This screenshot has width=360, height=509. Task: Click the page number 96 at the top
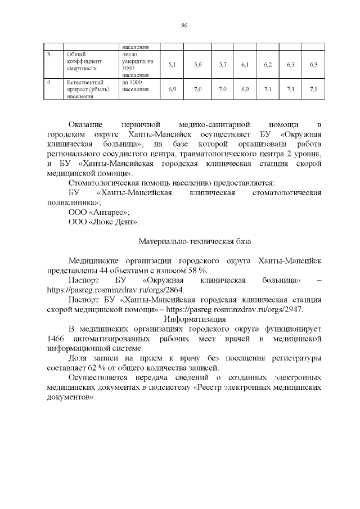(x=184, y=25)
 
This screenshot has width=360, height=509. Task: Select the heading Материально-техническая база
(x=195, y=241)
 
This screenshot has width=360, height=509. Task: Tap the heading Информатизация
(x=195, y=319)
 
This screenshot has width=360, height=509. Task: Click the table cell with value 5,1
(x=172, y=65)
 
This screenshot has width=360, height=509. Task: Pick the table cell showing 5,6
(x=197, y=65)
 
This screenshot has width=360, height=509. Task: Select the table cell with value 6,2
(x=268, y=65)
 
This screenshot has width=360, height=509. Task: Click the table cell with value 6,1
(x=245, y=65)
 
